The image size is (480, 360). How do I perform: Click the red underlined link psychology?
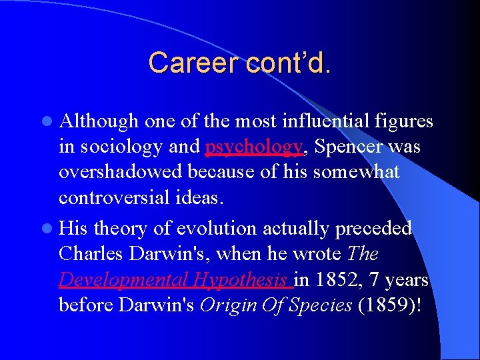[x=254, y=147]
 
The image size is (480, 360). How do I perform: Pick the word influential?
[x=331, y=121]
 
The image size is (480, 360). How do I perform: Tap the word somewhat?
[x=357, y=172]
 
